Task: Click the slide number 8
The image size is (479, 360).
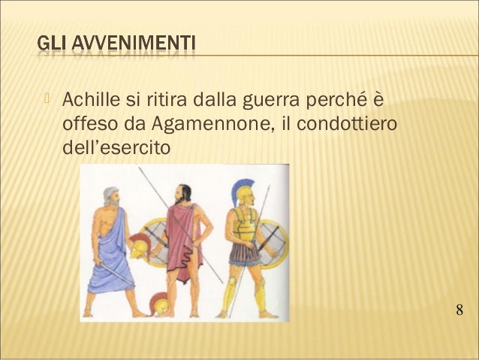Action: [459, 310]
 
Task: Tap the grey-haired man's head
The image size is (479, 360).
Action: [111, 197]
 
